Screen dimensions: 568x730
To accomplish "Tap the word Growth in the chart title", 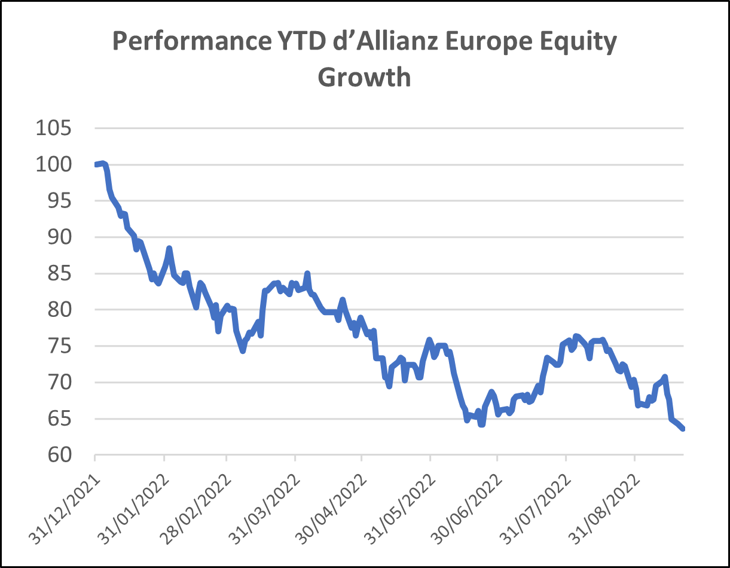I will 364,77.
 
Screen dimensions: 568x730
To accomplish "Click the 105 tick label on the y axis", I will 53,128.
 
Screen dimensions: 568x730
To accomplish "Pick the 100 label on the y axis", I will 53,164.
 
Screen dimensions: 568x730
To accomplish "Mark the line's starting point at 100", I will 96,164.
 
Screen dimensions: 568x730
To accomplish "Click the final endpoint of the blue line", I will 683,428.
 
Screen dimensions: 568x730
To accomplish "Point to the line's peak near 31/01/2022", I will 169,248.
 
